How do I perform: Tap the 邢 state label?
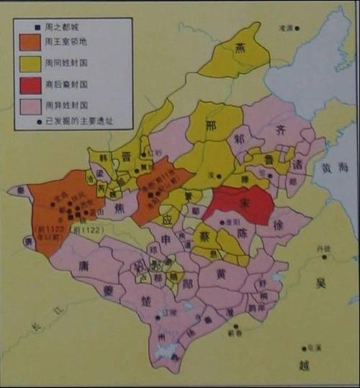click(x=211, y=125)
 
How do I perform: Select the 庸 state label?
click(x=84, y=265)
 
